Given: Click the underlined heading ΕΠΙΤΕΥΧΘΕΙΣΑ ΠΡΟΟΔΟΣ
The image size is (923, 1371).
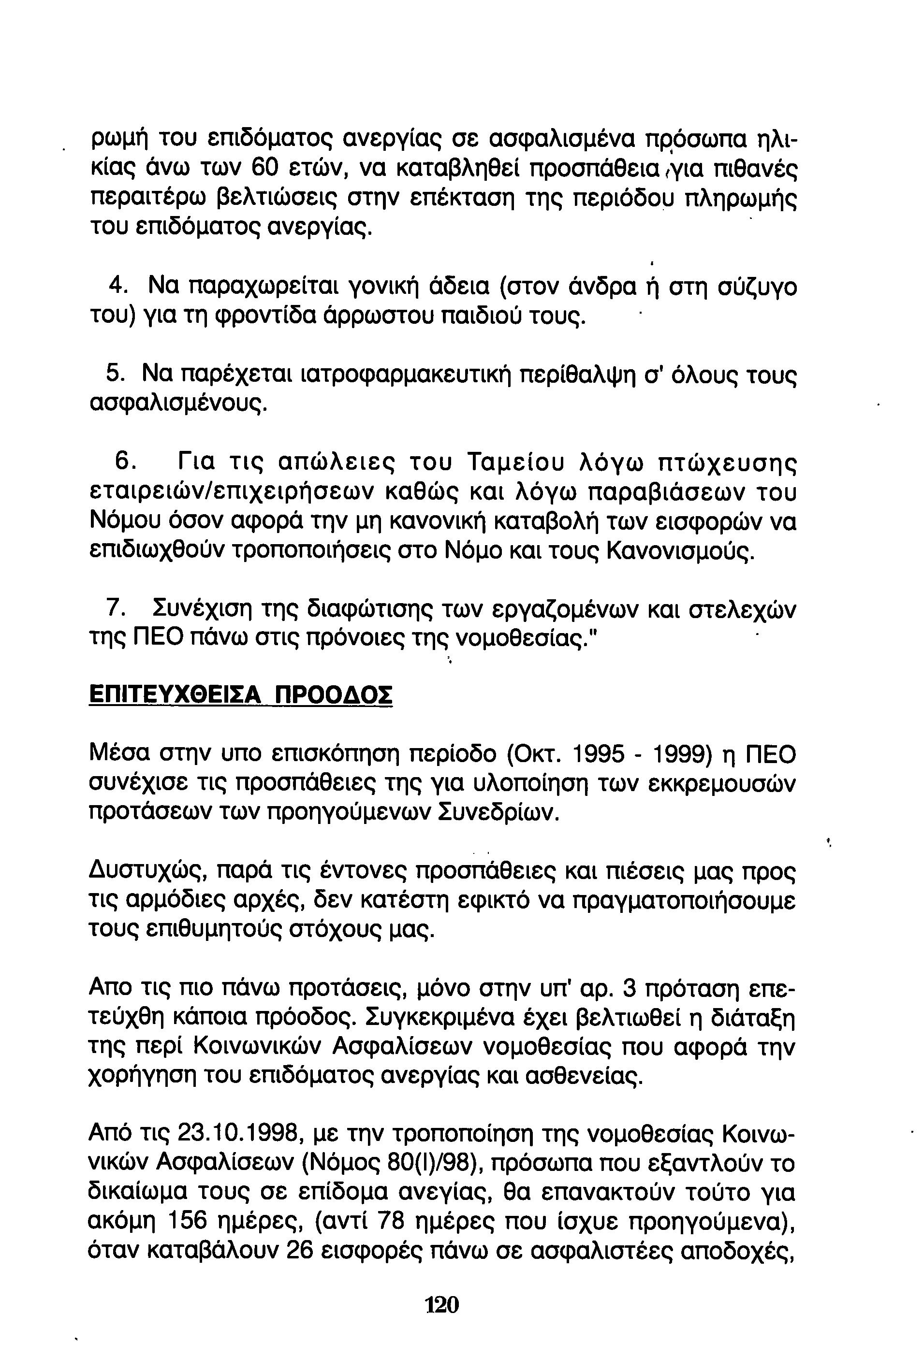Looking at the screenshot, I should click(x=240, y=695).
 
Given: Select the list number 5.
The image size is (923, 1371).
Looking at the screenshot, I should click(x=115, y=374).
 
